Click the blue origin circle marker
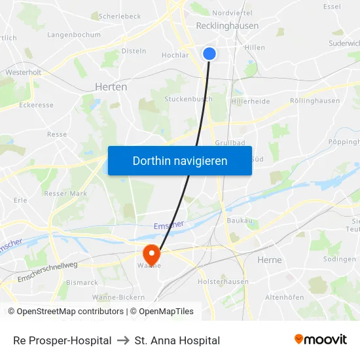209,54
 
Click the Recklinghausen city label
227,26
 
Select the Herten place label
111,86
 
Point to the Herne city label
269,260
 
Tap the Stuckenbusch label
188,99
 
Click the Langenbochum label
74,35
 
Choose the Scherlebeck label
120,16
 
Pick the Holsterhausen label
223,281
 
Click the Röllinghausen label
315,101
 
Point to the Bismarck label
82,283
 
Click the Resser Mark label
65,194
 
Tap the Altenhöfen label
284,297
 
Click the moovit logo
321,339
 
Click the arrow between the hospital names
123,340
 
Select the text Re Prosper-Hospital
62,340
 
